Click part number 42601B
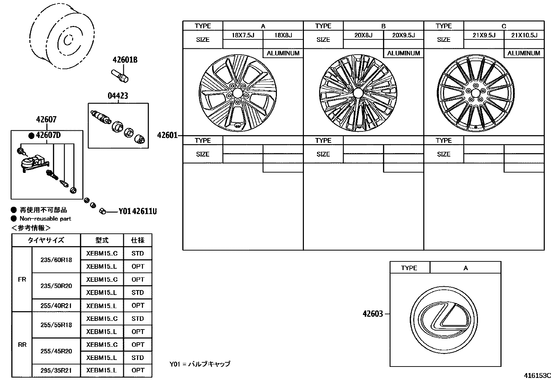pos(125,60)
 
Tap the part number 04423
pos(118,96)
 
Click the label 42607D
pos(48,135)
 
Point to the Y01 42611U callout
pos(137,211)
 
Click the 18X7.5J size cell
pos(243,35)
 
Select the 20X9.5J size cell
pos(403,35)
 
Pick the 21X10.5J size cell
pos(524,35)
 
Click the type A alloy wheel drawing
pos(237,93)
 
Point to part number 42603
pos(373,314)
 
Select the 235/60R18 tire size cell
pos(56,260)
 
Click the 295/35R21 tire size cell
pos(56,371)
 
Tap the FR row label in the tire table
pos(22,279)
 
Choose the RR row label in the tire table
pos(22,344)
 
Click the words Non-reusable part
pos(45,219)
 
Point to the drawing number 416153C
pos(536,376)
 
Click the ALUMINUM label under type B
pos(403,53)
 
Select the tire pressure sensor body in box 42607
pos(31,163)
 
